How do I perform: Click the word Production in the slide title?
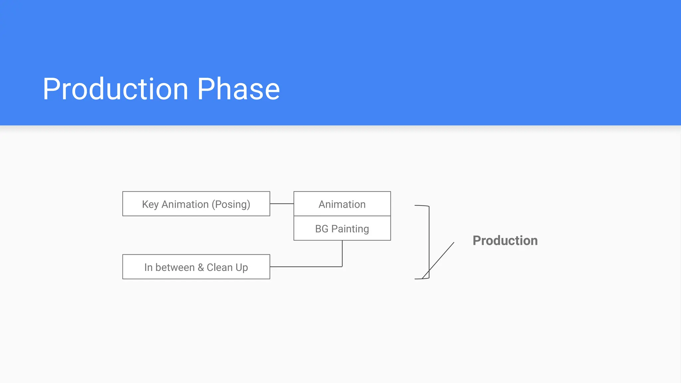pyautogui.click(x=115, y=89)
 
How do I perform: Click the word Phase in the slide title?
pyautogui.click(x=238, y=89)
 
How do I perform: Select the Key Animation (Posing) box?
pyautogui.click(x=196, y=204)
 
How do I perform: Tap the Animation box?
pyautogui.click(x=342, y=204)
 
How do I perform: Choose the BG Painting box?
pyautogui.click(x=342, y=229)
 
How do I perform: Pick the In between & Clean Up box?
pyautogui.click(x=196, y=267)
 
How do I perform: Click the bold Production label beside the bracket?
pyautogui.click(x=505, y=241)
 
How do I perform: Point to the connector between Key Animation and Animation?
pyautogui.click(x=282, y=203)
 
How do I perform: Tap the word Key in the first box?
pyautogui.click(x=150, y=204)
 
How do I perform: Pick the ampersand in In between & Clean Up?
pyautogui.click(x=201, y=267)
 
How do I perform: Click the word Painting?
pyautogui.click(x=350, y=229)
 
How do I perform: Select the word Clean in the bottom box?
pyautogui.click(x=219, y=267)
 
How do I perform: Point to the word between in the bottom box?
pyautogui.click(x=175, y=267)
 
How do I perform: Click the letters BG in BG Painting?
pyautogui.click(x=322, y=229)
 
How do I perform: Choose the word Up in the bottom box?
pyautogui.click(x=242, y=267)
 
